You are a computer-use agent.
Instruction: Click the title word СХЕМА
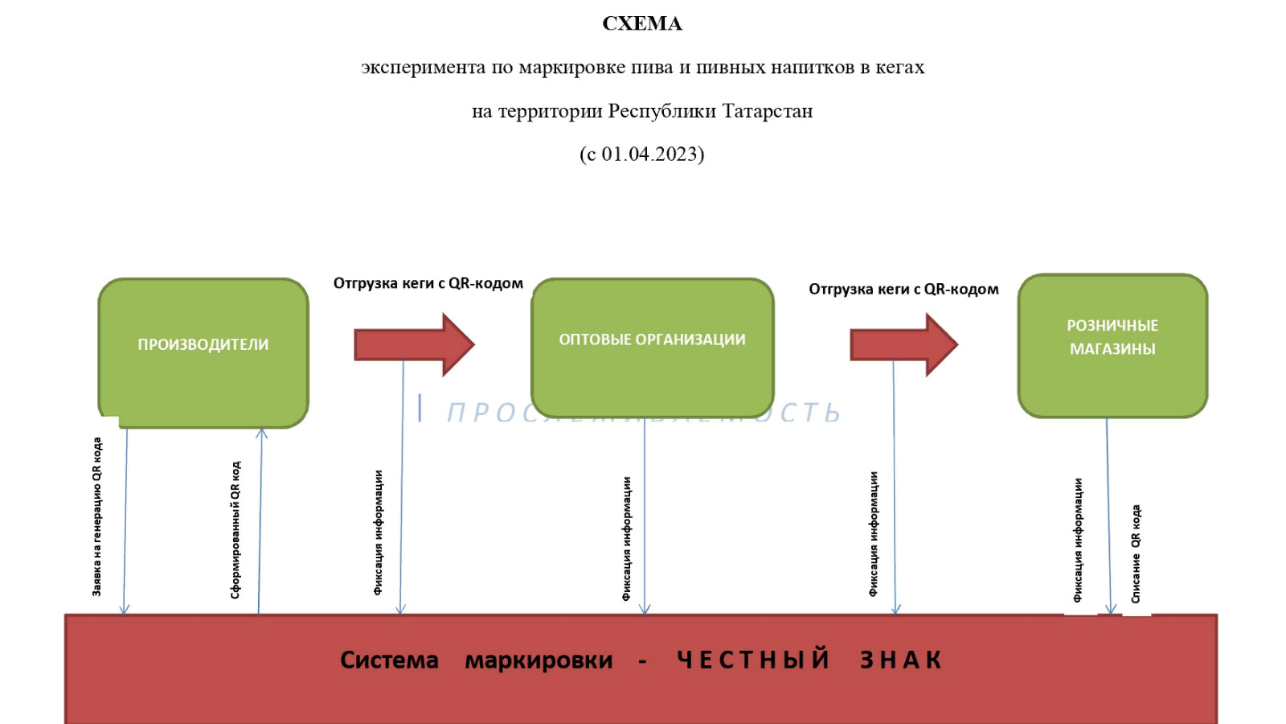[x=642, y=24]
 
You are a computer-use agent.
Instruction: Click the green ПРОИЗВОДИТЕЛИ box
[x=203, y=352]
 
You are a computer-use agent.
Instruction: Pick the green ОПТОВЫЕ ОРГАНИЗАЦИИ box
[x=652, y=348]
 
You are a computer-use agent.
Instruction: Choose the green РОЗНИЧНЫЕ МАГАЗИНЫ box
[x=1112, y=345]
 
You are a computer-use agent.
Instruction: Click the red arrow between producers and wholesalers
[x=414, y=345]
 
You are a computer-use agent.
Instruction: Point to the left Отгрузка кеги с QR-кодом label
[x=428, y=283]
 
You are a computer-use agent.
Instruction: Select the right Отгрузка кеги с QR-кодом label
[x=903, y=289]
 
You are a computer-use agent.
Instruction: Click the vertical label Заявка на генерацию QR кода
[x=97, y=516]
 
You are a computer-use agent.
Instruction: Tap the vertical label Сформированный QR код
[x=235, y=529]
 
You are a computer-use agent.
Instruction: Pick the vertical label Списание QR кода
[x=1136, y=553]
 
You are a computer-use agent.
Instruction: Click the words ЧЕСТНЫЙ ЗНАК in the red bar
[x=809, y=660]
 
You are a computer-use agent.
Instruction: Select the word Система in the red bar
[x=389, y=660]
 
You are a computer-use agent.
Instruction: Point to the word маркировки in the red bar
[x=539, y=660]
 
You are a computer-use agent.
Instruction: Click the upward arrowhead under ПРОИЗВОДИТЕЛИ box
[x=261, y=434]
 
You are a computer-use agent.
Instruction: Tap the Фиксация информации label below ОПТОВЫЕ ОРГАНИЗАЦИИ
[x=627, y=538]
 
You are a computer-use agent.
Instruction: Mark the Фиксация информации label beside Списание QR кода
[x=1078, y=540]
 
